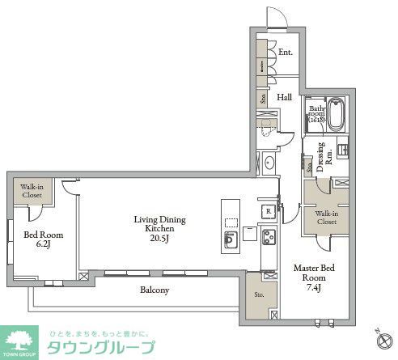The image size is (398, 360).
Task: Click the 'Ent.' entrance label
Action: coord(285,53)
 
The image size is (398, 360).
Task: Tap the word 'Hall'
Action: coord(285,97)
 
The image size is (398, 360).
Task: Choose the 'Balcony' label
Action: coord(154,289)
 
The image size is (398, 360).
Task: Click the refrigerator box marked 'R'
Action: coord(266,211)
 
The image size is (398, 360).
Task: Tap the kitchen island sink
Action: coord(231,239)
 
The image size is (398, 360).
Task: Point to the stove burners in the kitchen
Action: coord(267,237)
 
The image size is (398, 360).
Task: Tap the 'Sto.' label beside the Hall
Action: coord(263,99)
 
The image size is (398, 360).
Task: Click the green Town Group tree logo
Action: coord(21,341)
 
